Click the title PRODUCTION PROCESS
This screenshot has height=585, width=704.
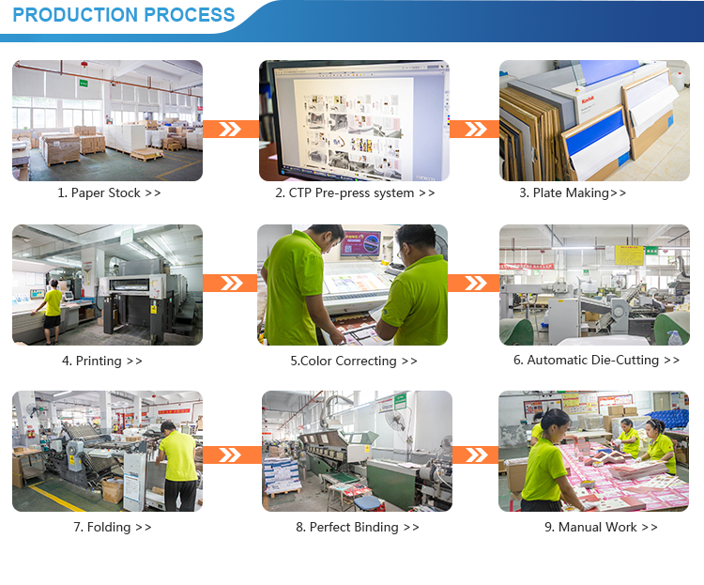click(124, 15)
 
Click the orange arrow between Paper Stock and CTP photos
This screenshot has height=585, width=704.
click(231, 129)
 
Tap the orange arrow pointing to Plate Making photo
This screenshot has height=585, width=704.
click(474, 129)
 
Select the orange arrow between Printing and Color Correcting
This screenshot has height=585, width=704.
click(230, 283)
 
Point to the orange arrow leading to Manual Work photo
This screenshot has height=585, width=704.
click(476, 454)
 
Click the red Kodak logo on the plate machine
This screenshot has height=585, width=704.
click(588, 99)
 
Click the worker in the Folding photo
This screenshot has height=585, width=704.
click(177, 466)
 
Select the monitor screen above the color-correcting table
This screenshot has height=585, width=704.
click(360, 243)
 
